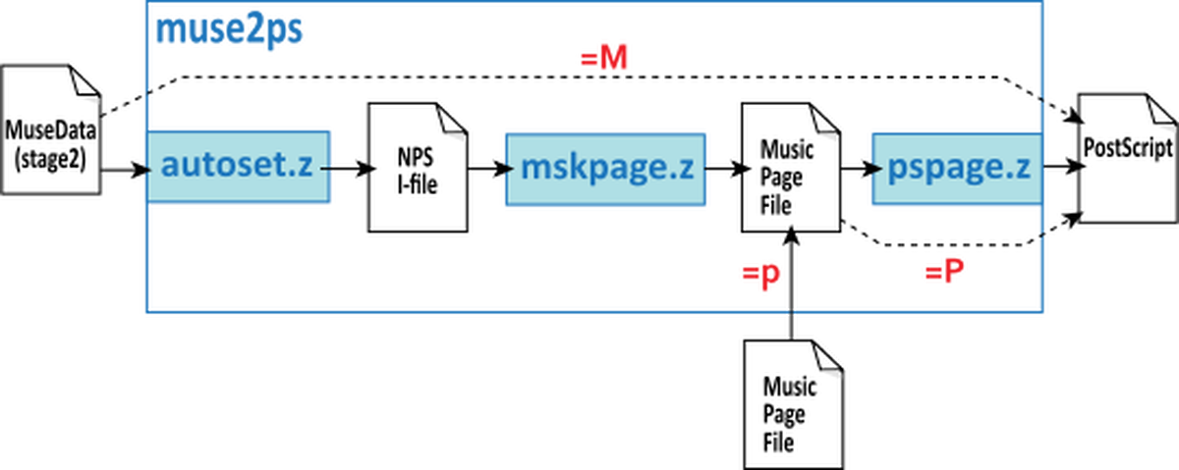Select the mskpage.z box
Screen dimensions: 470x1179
coord(607,167)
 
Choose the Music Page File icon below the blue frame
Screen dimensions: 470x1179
coord(792,403)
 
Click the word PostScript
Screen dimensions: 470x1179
coord(1128,148)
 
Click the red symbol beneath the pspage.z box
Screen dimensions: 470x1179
coord(944,269)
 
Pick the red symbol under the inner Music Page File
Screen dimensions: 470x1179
coord(761,274)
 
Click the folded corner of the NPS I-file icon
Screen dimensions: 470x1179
coord(452,117)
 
